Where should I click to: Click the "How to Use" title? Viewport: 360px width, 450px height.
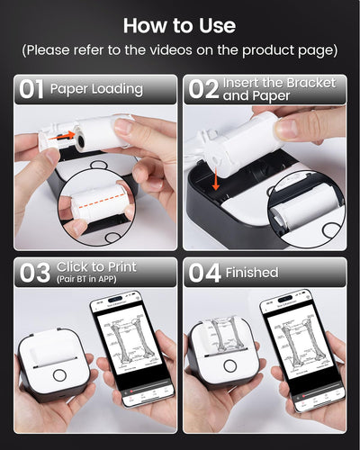point(180,24)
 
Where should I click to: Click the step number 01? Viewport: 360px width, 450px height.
point(31,89)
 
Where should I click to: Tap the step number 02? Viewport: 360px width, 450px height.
point(201,89)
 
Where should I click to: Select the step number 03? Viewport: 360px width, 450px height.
point(34,273)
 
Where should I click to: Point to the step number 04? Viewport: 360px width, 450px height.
point(202,272)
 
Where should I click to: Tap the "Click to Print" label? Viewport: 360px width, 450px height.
point(96,267)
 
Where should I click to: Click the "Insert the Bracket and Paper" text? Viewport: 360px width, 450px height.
point(278,89)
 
